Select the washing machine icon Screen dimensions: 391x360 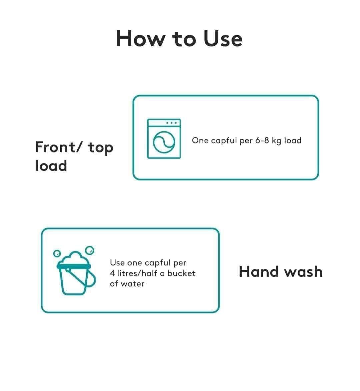(x=164, y=139)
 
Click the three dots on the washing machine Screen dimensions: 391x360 (x=171, y=123)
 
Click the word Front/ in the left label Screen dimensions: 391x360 (x=58, y=147)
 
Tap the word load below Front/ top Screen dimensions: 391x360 (x=51, y=166)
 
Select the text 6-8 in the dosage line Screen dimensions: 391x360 (x=262, y=141)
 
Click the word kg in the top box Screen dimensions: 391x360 (x=277, y=141)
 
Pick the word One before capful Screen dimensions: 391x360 (x=200, y=141)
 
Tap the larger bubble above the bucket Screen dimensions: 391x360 (x=90, y=250)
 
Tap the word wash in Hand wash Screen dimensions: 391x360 (x=303, y=272)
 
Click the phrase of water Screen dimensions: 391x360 (x=127, y=284)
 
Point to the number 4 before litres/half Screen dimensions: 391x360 (x=112, y=273)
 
